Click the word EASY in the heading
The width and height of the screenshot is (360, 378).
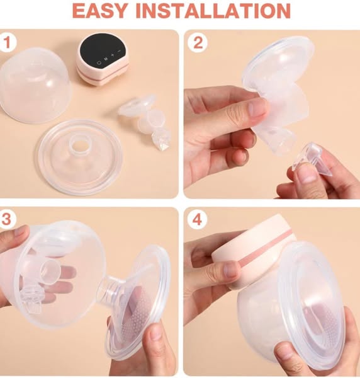(x=99, y=11)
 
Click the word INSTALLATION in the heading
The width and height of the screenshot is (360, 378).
(x=213, y=11)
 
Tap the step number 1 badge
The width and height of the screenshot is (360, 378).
(x=8, y=42)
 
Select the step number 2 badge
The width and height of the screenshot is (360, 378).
(x=198, y=43)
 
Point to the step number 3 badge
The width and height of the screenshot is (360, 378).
(x=7, y=219)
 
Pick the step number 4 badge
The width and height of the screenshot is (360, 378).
(x=198, y=220)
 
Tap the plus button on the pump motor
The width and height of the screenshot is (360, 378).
(x=113, y=55)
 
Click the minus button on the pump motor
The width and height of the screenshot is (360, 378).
(x=119, y=51)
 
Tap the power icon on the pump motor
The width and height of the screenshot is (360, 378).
(x=99, y=62)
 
